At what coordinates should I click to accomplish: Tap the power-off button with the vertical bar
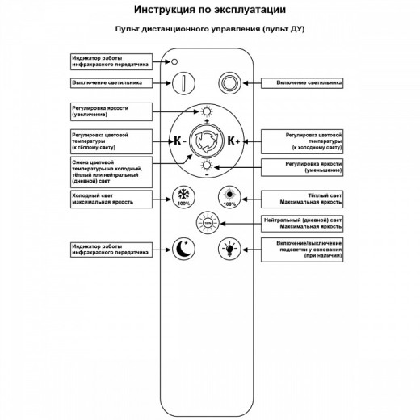click(186, 82)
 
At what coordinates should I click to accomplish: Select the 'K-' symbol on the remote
click(179, 141)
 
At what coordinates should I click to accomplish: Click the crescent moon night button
click(185, 248)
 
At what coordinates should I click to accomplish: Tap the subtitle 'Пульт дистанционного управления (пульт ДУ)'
click(209, 29)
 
